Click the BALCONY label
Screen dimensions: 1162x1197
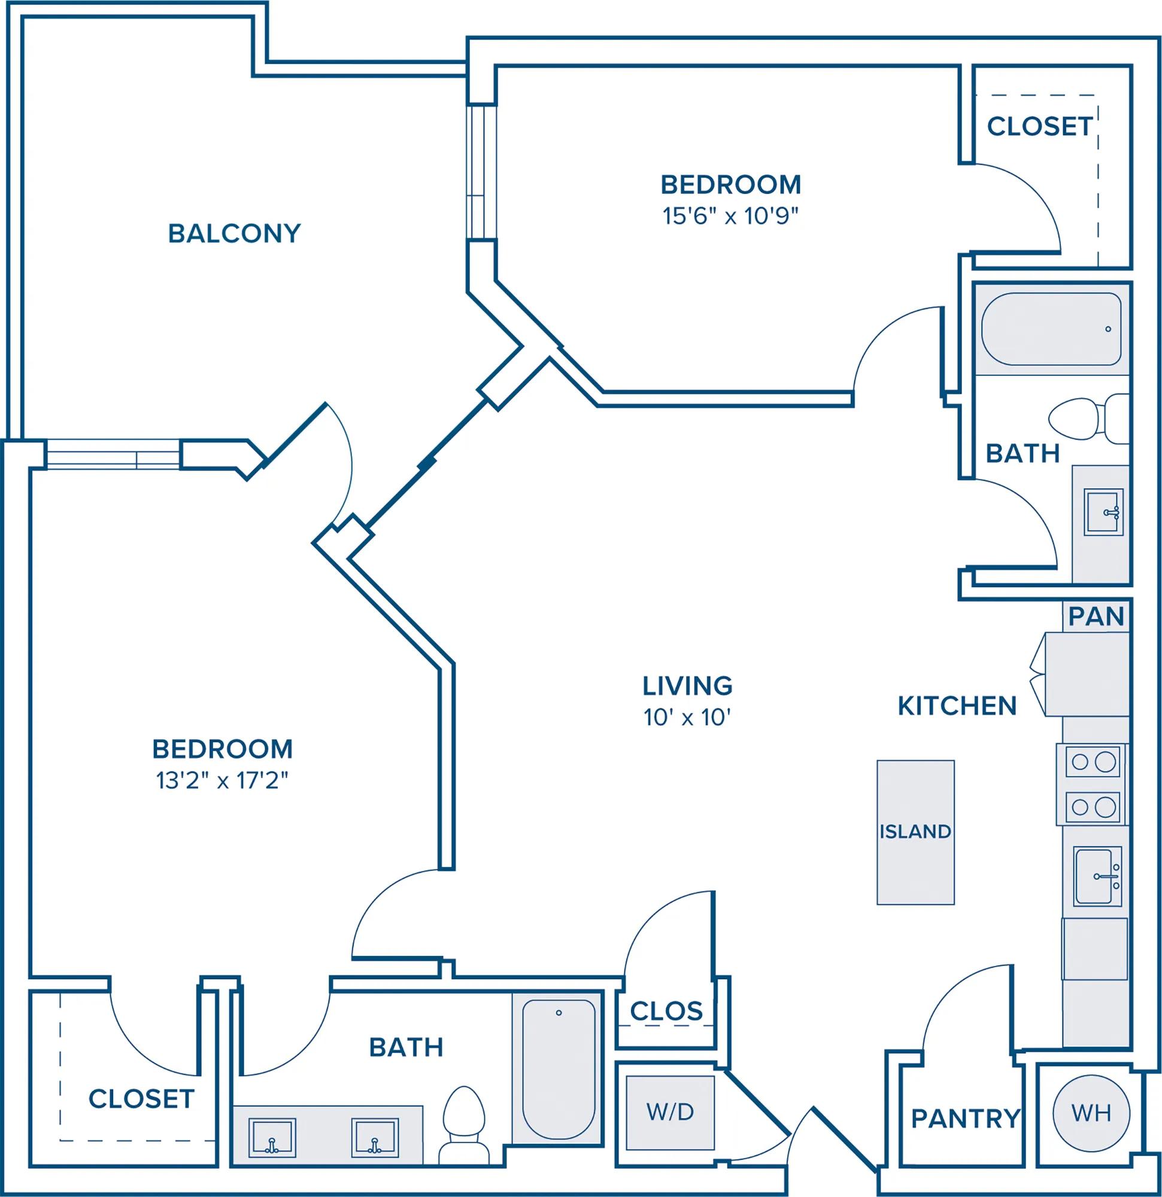click(235, 233)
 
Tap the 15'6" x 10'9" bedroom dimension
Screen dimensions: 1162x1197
click(731, 215)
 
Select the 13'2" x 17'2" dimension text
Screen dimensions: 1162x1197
click(222, 780)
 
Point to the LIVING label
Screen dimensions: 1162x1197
click(687, 686)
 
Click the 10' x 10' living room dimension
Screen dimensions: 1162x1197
click(687, 717)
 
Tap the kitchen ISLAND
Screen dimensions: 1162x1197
click(915, 832)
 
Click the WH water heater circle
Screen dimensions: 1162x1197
click(1091, 1113)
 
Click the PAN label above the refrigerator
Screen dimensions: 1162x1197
click(1096, 617)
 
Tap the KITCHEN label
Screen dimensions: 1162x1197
click(957, 706)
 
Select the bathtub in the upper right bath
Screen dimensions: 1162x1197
click(1051, 329)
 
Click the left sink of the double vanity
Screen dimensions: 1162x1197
click(272, 1137)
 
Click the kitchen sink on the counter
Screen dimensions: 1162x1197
click(1098, 876)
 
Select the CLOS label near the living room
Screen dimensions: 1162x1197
click(666, 1011)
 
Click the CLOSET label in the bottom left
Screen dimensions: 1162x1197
click(141, 1099)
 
